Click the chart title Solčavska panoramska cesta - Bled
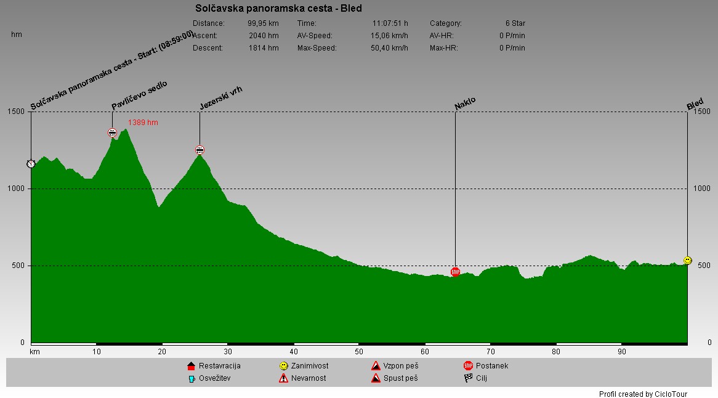pos(278,9)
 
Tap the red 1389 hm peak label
pos(143,123)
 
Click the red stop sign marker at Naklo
pos(455,272)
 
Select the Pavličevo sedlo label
pos(139,95)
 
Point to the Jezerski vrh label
pos(221,98)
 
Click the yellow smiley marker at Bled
pos(687,261)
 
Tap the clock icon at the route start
pos(31,164)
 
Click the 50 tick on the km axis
pos(359,352)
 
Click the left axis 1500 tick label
pos(17,112)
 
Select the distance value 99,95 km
pos(263,23)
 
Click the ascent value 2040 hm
pos(264,36)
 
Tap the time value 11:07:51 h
pos(390,23)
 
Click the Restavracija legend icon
pos(191,367)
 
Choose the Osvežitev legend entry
pos(209,378)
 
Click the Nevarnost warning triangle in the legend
pos(283,378)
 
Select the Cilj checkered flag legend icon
pos(468,378)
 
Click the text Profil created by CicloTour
pos(643,394)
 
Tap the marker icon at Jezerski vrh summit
pos(200,150)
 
